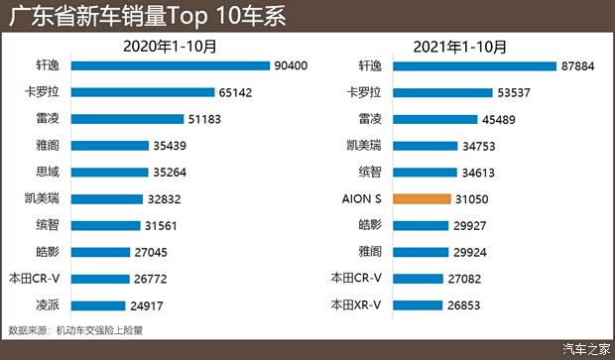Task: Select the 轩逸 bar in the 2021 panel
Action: pyautogui.click(x=474, y=66)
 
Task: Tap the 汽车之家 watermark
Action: pyautogui.click(x=585, y=347)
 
